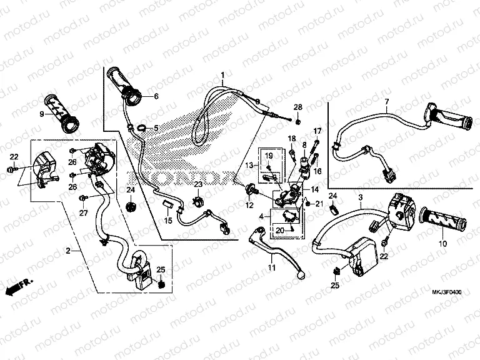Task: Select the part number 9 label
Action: [42, 114]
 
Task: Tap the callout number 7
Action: [386, 102]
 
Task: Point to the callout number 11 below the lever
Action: [272, 268]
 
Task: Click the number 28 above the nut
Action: [298, 107]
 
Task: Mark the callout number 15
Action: [167, 221]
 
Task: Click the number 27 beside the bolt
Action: [82, 212]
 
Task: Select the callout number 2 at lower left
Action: [68, 251]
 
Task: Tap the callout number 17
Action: [317, 131]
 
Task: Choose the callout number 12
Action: [249, 206]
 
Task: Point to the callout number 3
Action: [361, 197]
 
